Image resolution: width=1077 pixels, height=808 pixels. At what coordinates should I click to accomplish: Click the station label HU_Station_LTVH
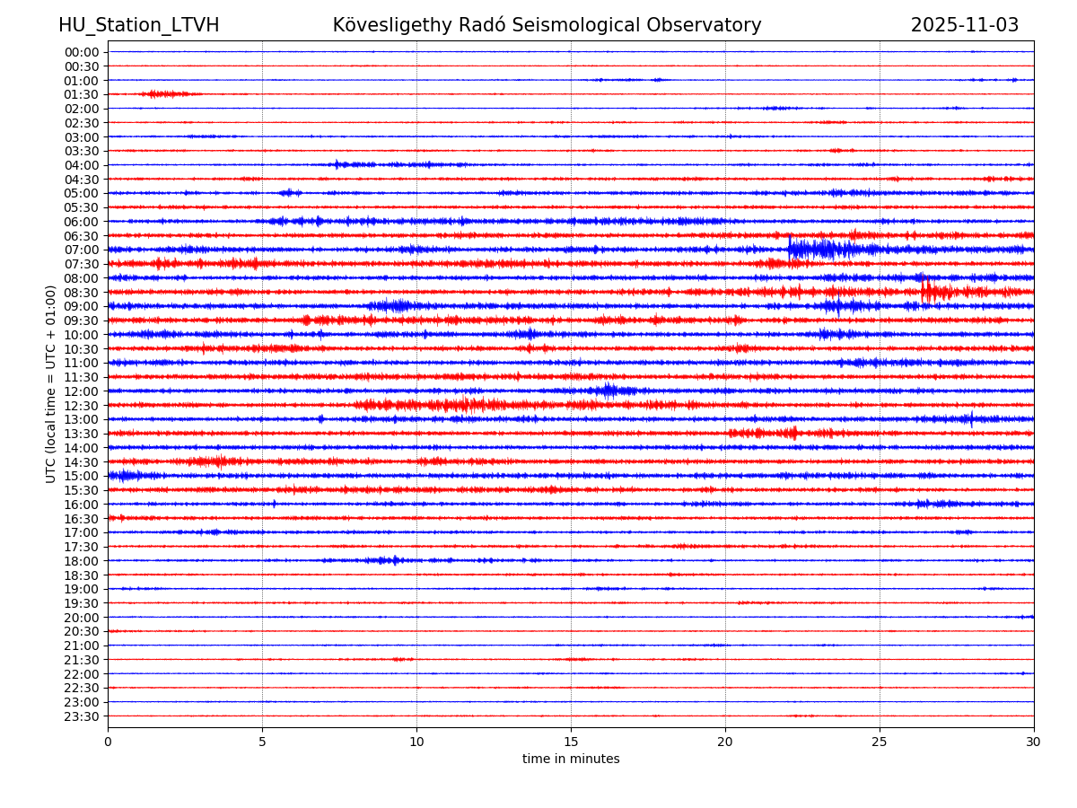point(138,25)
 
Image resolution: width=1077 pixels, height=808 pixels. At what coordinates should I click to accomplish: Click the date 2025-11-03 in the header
point(965,25)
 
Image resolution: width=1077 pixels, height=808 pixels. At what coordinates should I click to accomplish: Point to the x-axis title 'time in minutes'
point(571,760)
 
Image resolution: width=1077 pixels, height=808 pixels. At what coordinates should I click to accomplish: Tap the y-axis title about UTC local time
point(51,383)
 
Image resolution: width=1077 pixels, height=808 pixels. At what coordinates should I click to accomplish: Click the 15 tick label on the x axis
point(571,742)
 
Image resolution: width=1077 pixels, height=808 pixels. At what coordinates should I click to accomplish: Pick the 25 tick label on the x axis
point(880,742)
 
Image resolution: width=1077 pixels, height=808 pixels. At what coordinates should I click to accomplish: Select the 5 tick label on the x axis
point(262,742)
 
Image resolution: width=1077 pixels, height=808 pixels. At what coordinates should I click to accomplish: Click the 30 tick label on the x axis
point(1034,742)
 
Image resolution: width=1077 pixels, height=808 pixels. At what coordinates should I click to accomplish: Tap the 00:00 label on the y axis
point(81,52)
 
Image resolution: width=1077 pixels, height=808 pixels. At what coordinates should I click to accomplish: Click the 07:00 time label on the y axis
point(81,250)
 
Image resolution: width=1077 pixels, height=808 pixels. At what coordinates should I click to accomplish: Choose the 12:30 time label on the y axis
point(81,405)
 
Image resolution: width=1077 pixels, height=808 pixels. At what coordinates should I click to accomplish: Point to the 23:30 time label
point(81,716)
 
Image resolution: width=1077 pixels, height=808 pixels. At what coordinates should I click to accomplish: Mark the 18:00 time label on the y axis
point(81,561)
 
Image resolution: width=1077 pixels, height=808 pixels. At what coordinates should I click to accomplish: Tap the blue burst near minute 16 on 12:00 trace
point(610,391)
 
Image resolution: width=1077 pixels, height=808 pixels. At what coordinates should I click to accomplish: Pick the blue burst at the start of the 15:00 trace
point(124,475)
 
